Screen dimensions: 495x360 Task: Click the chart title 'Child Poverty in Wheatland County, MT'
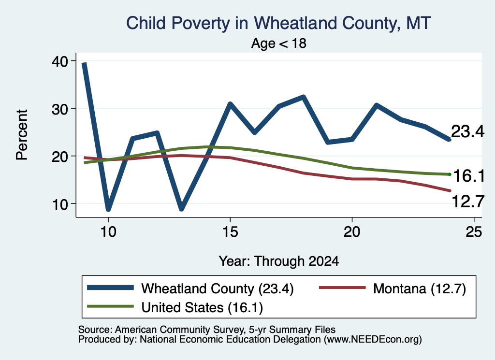click(x=278, y=24)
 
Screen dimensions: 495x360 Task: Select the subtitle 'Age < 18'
click(x=279, y=43)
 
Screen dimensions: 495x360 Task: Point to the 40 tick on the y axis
click(x=59, y=61)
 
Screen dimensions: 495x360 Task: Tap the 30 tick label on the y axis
click(x=59, y=109)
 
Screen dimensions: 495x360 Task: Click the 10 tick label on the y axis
click(x=59, y=204)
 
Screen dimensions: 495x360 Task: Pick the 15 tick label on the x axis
click(x=230, y=232)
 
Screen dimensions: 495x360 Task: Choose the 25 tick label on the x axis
click(x=474, y=232)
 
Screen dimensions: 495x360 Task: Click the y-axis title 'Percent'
click(x=22, y=135)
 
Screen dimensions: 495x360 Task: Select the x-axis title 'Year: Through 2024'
click(x=279, y=261)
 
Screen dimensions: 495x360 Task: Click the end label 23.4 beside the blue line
click(x=467, y=131)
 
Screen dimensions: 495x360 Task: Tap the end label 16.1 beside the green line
click(x=469, y=176)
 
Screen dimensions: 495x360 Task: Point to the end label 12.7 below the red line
click(x=468, y=202)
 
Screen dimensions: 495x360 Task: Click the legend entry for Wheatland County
click(x=190, y=288)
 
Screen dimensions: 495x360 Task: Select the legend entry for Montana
click(x=393, y=288)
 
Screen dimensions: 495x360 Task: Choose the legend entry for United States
click(x=175, y=307)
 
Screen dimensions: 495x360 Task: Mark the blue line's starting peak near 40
click(x=84, y=63)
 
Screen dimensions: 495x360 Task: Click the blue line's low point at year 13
click(x=181, y=209)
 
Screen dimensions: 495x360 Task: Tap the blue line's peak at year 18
click(x=303, y=97)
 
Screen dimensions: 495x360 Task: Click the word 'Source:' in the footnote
click(x=95, y=330)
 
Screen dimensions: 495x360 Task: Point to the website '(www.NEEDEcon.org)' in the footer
click(x=373, y=340)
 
